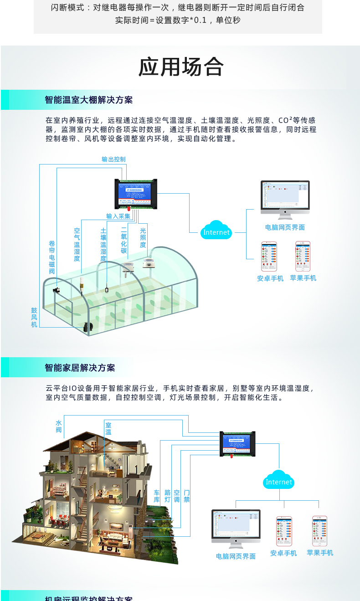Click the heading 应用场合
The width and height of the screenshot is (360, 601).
[x=181, y=67]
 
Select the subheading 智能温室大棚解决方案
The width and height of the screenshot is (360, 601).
[x=89, y=100]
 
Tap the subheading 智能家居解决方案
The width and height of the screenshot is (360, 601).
[x=80, y=367]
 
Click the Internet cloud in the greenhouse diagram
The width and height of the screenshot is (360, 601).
[x=216, y=231]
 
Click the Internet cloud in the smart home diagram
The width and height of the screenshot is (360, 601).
[x=278, y=481]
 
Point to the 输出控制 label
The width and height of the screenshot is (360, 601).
[x=113, y=159]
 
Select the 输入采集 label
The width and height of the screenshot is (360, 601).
[x=118, y=216]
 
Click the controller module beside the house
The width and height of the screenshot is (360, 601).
[x=237, y=444]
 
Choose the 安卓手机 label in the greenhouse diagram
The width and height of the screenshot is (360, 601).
[x=270, y=278]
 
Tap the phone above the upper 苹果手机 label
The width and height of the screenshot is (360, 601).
[x=303, y=256]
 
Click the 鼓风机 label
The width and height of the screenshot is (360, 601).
[x=34, y=318]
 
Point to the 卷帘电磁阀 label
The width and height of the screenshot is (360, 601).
[x=51, y=257]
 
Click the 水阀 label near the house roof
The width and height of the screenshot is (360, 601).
[x=58, y=426]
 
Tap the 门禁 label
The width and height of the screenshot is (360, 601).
[x=187, y=496]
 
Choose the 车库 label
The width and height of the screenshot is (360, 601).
[x=157, y=496]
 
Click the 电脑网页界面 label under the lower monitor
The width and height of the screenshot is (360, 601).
[x=236, y=556]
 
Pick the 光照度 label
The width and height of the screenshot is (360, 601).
[x=143, y=238]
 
